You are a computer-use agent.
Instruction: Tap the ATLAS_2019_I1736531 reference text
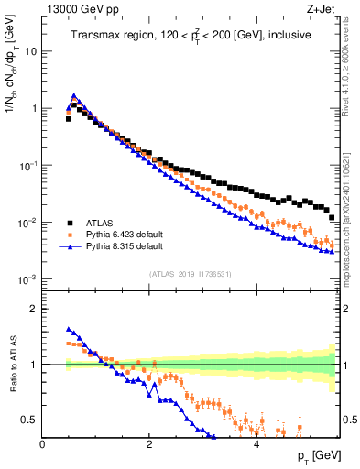point(191,274)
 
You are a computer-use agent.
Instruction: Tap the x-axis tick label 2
point(149,444)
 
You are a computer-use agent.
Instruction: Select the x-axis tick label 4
point(256,444)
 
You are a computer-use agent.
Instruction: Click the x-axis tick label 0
point(43,444)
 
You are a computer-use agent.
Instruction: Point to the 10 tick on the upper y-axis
point(30,51)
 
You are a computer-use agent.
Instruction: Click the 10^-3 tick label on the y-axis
point(27,279)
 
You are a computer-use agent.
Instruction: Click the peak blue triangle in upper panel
point(74,94)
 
